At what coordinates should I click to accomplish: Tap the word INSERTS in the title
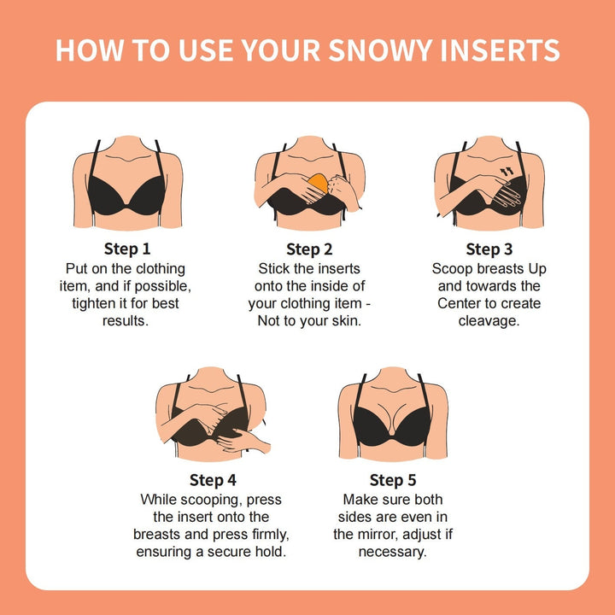point(501,50)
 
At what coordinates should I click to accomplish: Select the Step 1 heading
point(127,249)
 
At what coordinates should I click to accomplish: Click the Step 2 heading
point(309,249)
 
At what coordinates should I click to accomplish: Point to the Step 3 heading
point(489,249)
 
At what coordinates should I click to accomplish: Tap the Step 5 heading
point(393,479)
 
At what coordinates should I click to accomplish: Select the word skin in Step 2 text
point(346,320)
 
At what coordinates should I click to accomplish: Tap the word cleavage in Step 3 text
point(488,320)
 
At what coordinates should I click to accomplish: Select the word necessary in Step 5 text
point(393,551)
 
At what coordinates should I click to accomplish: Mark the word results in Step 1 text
point(126,320)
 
